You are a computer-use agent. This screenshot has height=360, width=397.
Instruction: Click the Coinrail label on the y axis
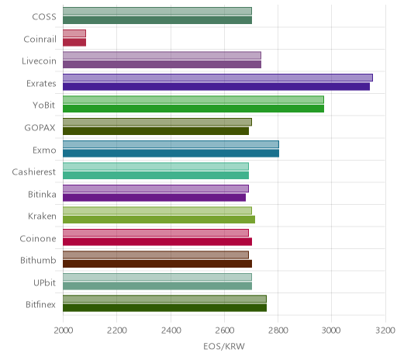click(x=40, y=40)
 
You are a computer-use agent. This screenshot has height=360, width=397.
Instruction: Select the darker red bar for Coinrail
click(x=74, y=43)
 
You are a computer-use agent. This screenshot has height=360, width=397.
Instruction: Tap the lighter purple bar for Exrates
click(x=218, y=78)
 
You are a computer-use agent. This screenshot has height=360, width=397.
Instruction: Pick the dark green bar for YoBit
click(x=194, y=109)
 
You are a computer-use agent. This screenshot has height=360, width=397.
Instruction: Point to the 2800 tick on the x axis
click(x=278, y=331)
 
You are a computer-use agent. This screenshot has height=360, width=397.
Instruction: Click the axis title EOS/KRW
click(x=224, y=346)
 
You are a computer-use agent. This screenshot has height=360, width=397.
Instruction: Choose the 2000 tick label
click(x=64, y=331)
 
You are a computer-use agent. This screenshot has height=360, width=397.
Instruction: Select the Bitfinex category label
click(x=40, y=305)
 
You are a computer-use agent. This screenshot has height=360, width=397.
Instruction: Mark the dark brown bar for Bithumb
click(x=157, y=264)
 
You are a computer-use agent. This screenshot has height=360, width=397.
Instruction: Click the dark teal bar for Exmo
click(x=171, y=153)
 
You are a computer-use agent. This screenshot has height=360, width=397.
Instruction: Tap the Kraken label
click(x=42, y=216)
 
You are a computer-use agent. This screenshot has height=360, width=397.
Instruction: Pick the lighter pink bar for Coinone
click(x=156, y=233)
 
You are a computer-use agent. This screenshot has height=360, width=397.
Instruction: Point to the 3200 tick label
click(x=385, y=331)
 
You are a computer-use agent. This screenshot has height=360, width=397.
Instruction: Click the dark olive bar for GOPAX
click(x=156, y=131)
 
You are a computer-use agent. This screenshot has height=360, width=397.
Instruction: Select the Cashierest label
click(x=34, y=171)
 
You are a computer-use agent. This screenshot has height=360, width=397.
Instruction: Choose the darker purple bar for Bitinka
click(x=154, y=197)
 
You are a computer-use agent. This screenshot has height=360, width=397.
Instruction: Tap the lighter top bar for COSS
click(x=157, y=11)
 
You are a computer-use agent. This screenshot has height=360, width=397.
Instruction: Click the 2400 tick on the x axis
click(x=171, y=331)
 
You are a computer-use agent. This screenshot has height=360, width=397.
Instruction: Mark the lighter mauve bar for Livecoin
click(x=162, y=55)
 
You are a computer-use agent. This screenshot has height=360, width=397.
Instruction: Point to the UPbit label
click(x=44, y=282)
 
